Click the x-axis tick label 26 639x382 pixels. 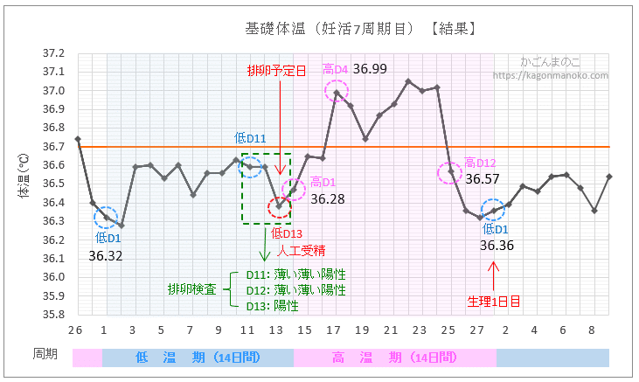75,330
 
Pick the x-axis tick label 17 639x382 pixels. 333,330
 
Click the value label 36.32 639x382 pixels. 106,255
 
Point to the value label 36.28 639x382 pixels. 327,199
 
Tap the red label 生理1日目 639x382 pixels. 494,302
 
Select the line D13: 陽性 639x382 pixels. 273,306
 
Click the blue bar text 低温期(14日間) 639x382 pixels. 198,358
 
